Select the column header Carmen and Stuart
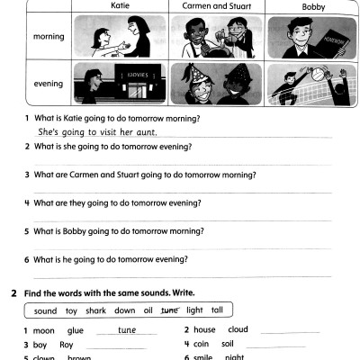tap(212, 6)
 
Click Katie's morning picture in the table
tap(119, 37)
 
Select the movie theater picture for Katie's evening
tap(119, 84)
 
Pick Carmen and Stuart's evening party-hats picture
tap(212, 84)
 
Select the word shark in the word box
tap(95, 311)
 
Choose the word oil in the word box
tap(148, 311)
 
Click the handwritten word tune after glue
tap(127, 330)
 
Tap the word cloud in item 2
tap(238, 330)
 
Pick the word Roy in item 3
tap(67, 345)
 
